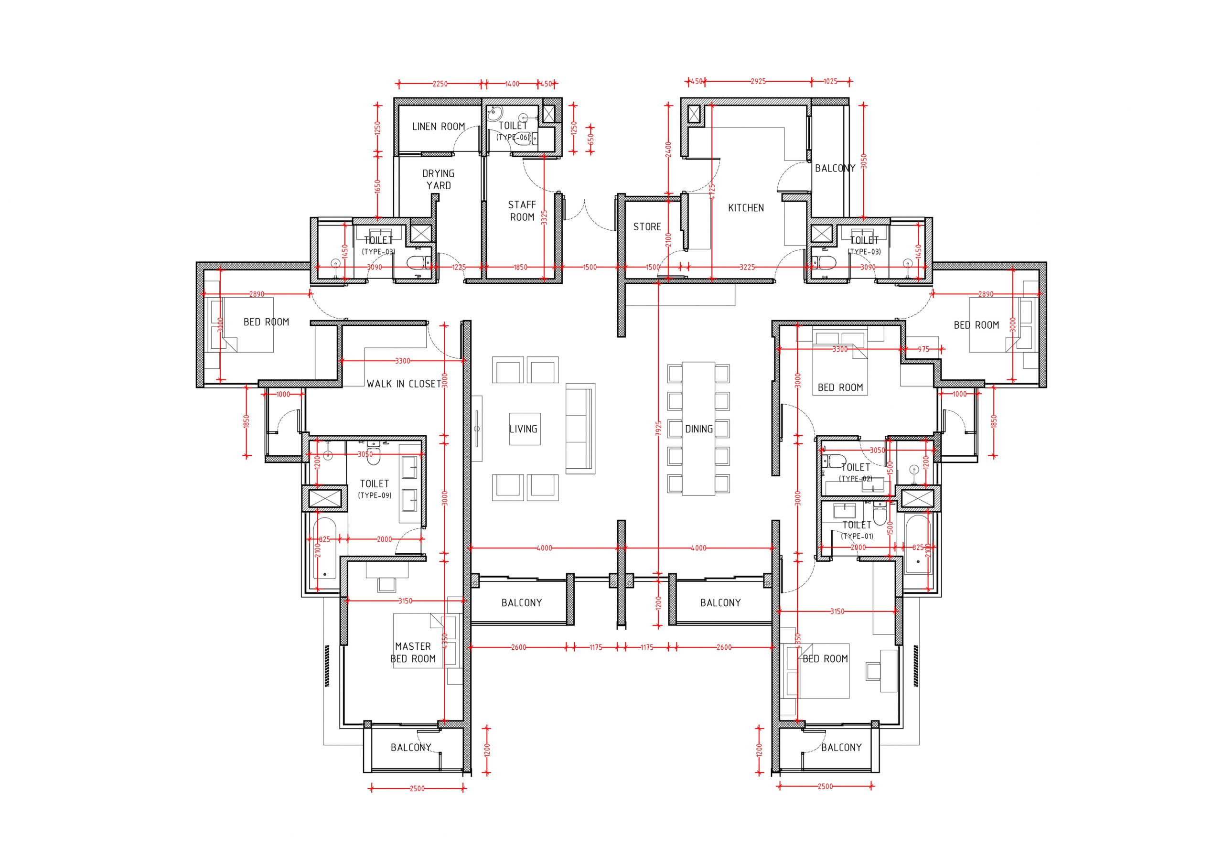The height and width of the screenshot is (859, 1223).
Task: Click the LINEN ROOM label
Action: (439, 127)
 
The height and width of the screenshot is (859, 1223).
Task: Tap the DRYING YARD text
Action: (439, 180)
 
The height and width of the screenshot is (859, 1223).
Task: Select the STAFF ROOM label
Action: (522, 211)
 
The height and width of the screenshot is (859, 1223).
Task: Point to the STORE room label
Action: (647, 227)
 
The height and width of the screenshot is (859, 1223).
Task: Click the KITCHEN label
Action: (746, 208)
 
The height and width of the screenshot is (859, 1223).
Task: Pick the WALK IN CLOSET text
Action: (404, 384)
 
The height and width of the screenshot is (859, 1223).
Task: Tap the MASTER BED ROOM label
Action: (413, 652)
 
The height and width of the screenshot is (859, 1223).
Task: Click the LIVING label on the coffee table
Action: (523, 429)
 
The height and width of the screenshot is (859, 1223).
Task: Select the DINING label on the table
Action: (699, 429)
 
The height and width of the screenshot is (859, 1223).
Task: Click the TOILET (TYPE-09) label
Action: (375, 488)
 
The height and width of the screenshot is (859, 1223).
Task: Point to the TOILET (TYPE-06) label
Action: (513, 130)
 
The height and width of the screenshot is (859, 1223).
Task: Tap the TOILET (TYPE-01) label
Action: (857, 529)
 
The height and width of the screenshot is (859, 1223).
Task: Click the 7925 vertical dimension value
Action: (658, 429)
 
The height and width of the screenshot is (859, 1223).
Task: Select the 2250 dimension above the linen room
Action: (440, 84)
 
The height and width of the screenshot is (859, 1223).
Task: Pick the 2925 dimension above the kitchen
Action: (758, 82)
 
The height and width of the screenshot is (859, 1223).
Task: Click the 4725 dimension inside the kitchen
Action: (712, 192)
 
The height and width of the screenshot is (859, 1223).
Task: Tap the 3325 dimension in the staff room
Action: (543, 219)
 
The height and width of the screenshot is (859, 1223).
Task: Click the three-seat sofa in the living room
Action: (580, 428)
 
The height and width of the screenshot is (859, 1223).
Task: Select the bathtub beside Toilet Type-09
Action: (324, 548)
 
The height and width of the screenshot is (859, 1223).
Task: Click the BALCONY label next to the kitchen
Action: (835, 168)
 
